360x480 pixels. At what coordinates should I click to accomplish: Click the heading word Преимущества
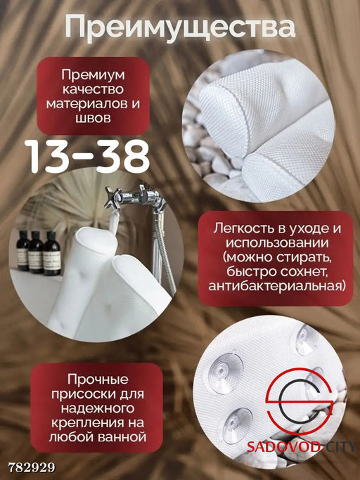tap(179, 29)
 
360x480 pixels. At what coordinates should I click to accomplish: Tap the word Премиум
tap(92, 74)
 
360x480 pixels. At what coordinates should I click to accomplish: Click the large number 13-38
tap(88, 157)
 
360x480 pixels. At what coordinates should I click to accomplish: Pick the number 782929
tap(32, 467)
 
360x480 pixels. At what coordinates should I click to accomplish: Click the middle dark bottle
tap(35, 251)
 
